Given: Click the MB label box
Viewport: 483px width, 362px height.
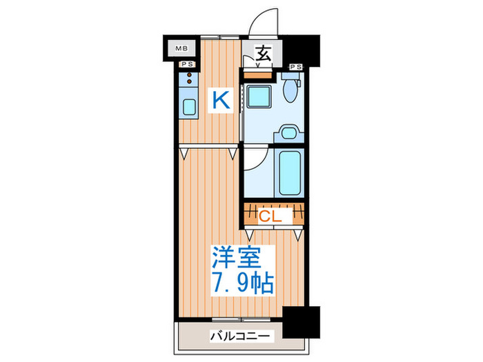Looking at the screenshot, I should [x=181, y=48].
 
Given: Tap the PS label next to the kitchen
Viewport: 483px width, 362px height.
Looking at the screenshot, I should [x=186, y=65].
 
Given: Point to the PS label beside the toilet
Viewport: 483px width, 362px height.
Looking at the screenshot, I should [x=296, y=66].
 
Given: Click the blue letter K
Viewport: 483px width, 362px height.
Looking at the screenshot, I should [x=219, y=101].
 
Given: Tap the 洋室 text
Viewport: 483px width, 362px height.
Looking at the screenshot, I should [x=236, y=259].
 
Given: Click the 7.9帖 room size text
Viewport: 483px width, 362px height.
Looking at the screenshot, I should [x=241, y=283].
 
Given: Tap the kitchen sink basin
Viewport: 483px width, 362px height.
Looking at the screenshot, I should [x=188, y=108].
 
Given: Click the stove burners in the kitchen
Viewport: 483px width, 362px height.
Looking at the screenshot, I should [x=188, y=78].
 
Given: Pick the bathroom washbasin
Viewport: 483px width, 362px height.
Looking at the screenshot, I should [x=290, y=131].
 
